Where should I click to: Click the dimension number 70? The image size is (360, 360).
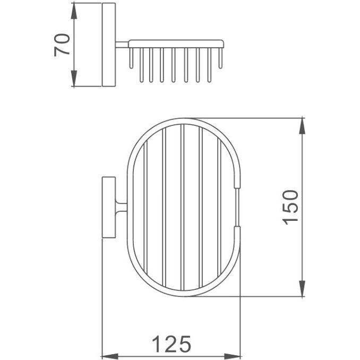pyautogui.click(x=62, y=45)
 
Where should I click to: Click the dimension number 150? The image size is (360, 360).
pyautogui.click(x=290, y=207)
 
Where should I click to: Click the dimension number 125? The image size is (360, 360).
pyautogui.click(x=172, y=344)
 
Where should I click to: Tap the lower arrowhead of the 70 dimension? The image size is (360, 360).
pyautogui.click(x=74, y=79)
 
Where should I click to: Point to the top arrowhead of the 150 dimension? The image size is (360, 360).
pyautogui.click(x=302, y=126)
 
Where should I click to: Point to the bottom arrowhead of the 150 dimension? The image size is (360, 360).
pyautogui.click(x=302, y=288)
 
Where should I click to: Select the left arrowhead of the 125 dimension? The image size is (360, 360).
pyautogui.click(x=110, y=357)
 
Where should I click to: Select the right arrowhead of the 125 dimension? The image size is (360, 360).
pyautogui.click(x=232, y=357)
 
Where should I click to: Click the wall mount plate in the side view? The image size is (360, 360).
pyautogui.click(x=109, y=45)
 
